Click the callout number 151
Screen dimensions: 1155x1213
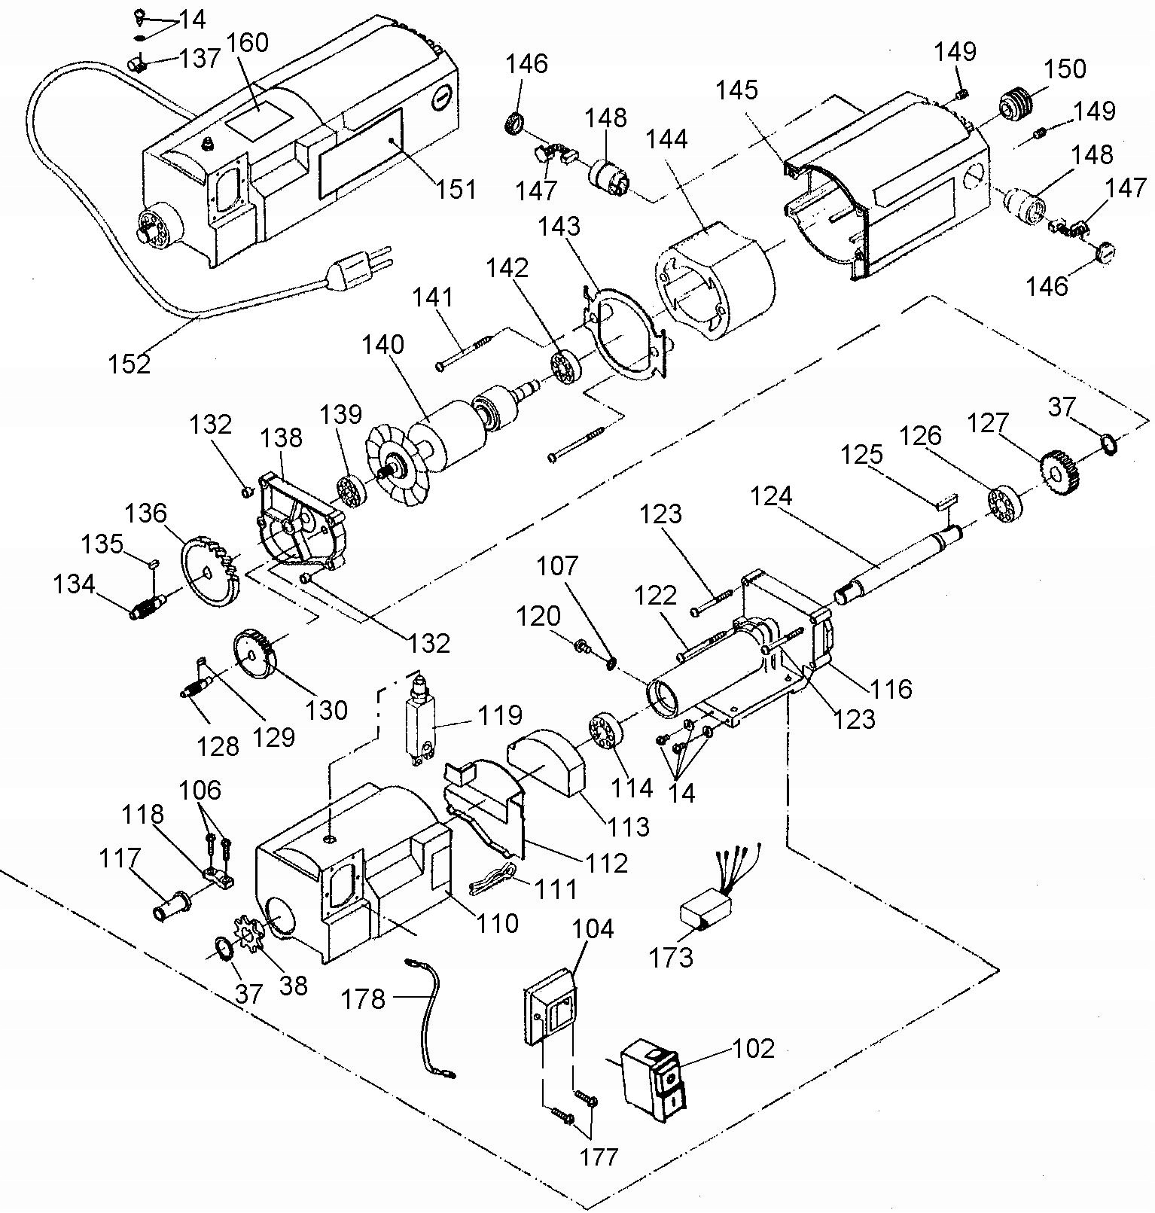455,188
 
